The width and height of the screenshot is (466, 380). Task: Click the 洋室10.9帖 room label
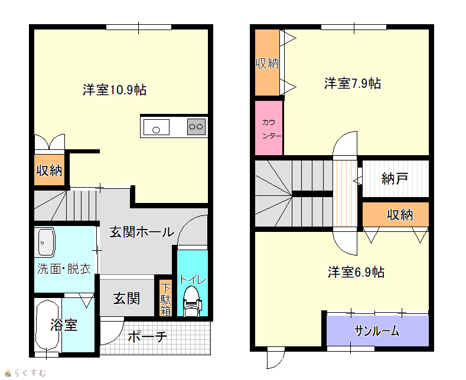tap(115, 90)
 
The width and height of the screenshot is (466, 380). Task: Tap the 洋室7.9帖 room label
tap(353, 83)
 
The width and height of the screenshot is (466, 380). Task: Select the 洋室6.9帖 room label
tap(356, 272)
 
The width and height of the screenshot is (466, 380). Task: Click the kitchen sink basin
tap(157, 127)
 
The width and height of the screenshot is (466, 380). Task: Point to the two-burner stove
tap(196, 127)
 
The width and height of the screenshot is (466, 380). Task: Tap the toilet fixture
tap(192, 301)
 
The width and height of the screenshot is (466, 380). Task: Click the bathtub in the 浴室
tap(47, 325)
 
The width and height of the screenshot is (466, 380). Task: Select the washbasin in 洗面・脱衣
tap(44, 243)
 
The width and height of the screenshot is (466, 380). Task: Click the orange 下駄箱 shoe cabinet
tap(165, 298)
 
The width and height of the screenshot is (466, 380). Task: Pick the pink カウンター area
tap(269, 127)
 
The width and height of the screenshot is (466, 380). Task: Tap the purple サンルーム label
tap(377, 330)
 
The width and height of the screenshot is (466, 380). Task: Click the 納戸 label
tap(395, 178)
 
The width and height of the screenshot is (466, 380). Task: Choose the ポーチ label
tap(148, 337)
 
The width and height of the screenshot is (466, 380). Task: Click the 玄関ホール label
tap(142, 232)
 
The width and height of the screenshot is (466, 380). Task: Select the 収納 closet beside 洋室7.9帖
tap(267, 63)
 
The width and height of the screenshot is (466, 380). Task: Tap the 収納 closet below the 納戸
tap(396, 215)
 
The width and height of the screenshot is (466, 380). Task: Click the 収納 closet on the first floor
tap(49, 170)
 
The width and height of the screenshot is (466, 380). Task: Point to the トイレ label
tap(193, 280)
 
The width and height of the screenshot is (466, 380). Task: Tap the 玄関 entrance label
tap(126, 299)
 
